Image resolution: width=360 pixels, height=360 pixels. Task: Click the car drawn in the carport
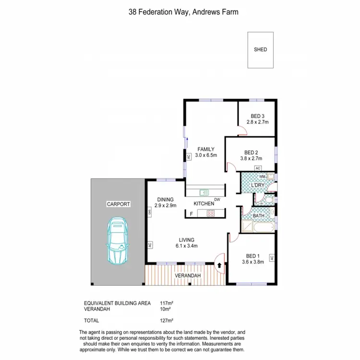[x=118, y=241]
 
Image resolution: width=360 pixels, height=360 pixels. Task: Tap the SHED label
[x=260, y=49]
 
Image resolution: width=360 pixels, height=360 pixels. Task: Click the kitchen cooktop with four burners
[x=210, y=214]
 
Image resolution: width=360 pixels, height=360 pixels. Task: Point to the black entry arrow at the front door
[x=220, y=264]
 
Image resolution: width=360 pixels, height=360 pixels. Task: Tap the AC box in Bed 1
[x=272, y=258]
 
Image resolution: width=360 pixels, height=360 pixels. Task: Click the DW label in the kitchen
[x=217, y=200]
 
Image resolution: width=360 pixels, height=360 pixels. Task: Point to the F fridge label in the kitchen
[x=191, y=214]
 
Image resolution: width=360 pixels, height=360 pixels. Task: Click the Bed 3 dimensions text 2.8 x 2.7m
[x=257, y=122]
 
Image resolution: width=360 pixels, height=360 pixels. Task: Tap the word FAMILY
[x=206, y=149]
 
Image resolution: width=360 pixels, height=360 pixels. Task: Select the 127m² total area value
[x=167, y=321]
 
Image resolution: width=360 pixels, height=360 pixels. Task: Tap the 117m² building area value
[x=167, y=303]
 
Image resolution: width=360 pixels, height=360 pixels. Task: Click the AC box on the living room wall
[x=150, y=245]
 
